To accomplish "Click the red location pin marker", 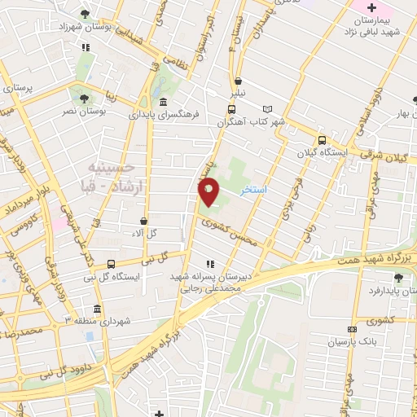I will tap(209, 192).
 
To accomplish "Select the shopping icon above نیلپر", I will tap(238, 81).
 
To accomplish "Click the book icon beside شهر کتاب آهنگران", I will tap(268, 108).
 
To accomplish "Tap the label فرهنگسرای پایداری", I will tap(164, 115).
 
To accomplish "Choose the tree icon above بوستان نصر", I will tap(85, 97).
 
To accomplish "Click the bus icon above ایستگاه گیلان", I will tap(323, 140).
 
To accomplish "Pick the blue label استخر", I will tap(254, 188).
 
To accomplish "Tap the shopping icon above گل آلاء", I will tap(144, 220).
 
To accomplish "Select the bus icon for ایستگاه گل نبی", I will tap(111, 263).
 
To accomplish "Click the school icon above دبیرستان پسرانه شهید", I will tap(211, 264).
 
